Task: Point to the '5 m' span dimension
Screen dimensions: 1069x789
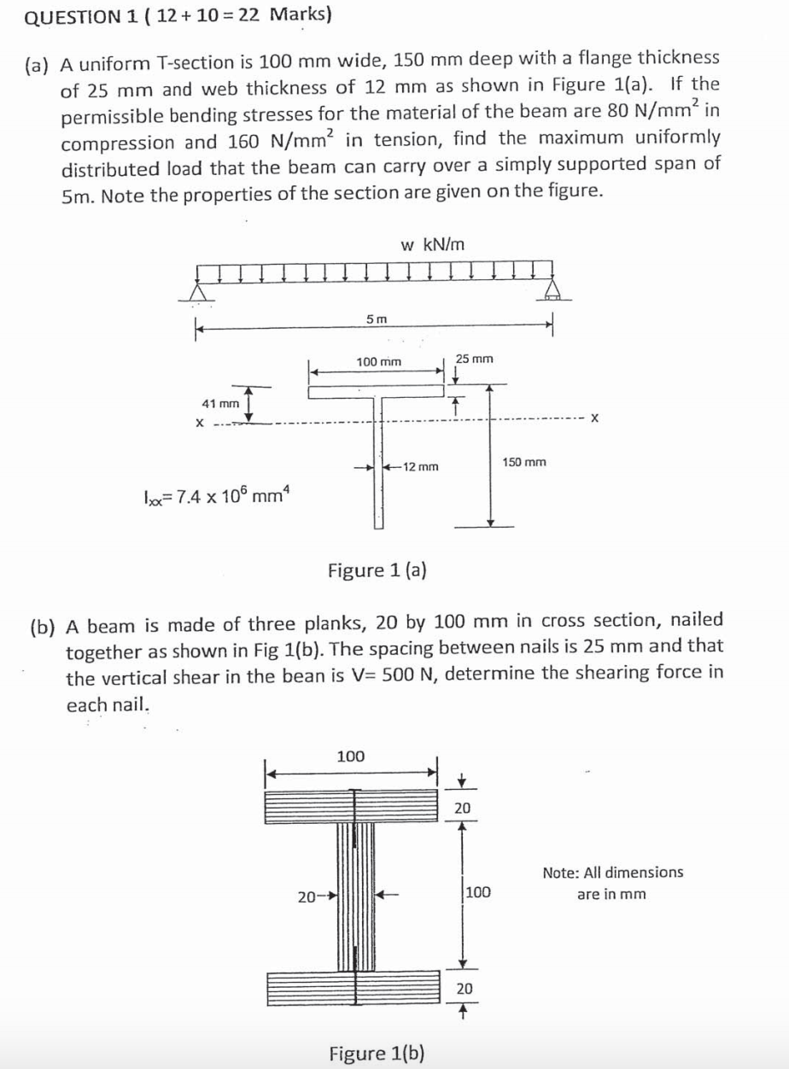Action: [x=376, y=318]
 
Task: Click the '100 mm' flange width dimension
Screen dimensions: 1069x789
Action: [x=378, y=362]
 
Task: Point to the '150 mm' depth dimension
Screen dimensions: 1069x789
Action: [x=524, y=462]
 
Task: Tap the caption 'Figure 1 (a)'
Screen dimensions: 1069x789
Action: [x=377, y=570]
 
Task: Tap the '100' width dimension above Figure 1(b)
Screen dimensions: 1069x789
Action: [x=350, y=756]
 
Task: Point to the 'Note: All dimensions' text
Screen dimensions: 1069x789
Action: [x=612, y=873]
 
